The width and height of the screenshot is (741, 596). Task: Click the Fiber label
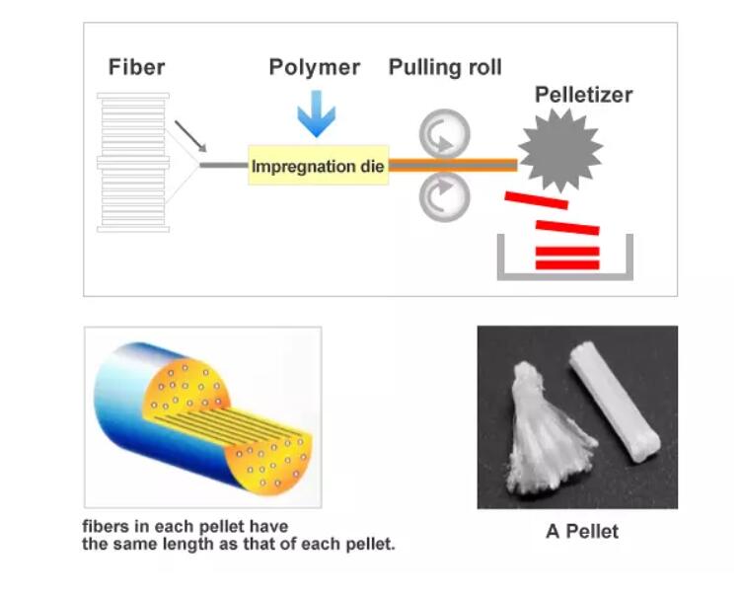point(136,67)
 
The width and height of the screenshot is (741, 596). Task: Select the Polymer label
point(315,67)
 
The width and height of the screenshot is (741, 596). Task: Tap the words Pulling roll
point(444,67)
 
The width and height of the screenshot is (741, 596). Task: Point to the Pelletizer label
point(583,95)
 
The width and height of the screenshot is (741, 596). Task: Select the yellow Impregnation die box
point(317,166)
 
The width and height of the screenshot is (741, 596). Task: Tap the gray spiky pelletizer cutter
point(559,151)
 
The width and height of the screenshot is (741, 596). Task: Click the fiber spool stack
point(133,162)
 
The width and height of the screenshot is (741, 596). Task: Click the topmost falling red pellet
point(536,200)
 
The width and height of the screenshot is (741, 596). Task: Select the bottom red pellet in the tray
point(566,263)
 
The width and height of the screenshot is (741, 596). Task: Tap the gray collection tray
point(563,273)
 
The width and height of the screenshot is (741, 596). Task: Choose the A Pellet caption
point(582,531)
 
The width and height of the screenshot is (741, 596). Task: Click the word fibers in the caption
point(104,527)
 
